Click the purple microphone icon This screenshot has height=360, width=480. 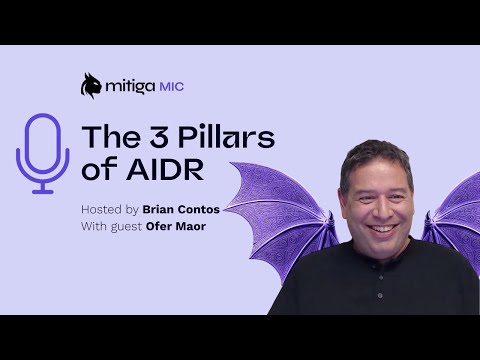42,152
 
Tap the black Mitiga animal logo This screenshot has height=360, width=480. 91,86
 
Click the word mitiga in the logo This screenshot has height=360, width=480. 129,87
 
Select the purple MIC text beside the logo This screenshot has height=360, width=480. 171,87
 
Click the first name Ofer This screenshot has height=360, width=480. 161,226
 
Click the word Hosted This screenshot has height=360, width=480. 101,209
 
